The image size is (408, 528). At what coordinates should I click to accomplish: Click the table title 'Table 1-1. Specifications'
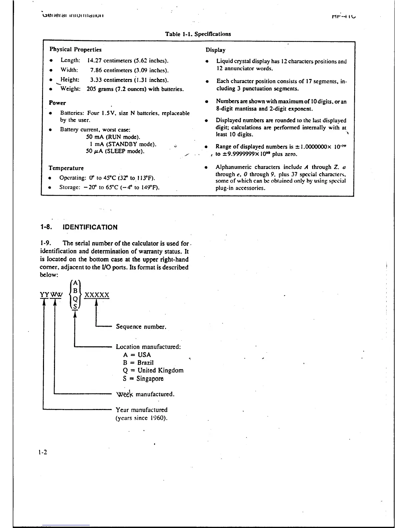click(198, 34)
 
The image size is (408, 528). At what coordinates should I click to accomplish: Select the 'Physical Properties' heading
click(75, 50)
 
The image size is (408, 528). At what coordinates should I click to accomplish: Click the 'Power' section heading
click(57, 103)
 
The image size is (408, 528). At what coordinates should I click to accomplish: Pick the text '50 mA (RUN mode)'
click(113, 137)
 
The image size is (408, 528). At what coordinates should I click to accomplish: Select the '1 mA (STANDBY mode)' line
click(123, 144)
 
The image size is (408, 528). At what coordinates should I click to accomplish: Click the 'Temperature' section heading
click(66, 168)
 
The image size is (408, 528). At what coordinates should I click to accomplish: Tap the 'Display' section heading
click(215, 50)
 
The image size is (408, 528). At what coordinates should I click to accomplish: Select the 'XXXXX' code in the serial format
click(97, 295)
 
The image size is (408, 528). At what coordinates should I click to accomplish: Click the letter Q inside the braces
click(75, 299)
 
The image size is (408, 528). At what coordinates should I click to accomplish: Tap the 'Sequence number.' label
click(141, 327)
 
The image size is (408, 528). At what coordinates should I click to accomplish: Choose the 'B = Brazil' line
click(138, 363)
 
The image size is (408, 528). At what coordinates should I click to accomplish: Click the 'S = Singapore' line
click(143, 379)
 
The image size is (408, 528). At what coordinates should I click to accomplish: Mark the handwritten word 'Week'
click(125, 394)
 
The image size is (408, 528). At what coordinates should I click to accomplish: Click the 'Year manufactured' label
click(142, 410)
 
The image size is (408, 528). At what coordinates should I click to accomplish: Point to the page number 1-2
click(43, 452)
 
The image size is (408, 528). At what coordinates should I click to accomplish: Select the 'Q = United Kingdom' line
click(153, 370)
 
